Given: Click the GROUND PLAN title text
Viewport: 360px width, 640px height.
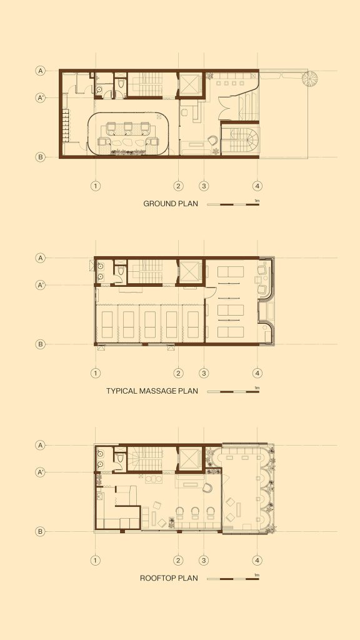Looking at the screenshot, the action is [x=171, y=204].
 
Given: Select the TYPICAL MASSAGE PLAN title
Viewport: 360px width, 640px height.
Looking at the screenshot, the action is [x=152, y=391].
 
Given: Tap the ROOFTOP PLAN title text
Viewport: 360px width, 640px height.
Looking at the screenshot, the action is [x=169, y=578].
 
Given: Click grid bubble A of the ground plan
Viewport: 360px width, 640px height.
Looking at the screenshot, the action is [x=41, y=71].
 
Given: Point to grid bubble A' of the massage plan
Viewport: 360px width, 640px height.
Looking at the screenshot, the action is [x=41, y=285].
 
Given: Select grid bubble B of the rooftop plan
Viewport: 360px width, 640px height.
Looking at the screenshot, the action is [x=41, y=531].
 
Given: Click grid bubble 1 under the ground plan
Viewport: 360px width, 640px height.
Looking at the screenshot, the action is [x=96, y=186].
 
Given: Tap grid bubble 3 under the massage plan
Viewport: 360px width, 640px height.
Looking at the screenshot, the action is [x=204, y=373].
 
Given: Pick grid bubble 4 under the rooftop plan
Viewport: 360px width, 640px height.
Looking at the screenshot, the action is [x=257, y=561].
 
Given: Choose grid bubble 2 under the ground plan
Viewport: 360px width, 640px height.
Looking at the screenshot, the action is [x=178, y=186].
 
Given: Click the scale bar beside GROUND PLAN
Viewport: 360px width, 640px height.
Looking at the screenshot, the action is [x=233, y=204].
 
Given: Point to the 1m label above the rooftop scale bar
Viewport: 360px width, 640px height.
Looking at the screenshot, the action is [x=257, y=575].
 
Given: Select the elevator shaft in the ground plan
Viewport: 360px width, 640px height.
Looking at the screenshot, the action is [x=190, y=84].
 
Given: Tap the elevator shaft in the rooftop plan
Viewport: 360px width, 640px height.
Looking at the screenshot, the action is [x=190, y=459].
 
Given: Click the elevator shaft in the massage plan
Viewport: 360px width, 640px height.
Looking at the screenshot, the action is [x=190, y=272].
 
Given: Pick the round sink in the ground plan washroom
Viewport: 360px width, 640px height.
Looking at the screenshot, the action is [x=99, y=90].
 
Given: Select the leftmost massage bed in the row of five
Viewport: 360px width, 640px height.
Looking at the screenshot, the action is [x=106, y=324].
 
